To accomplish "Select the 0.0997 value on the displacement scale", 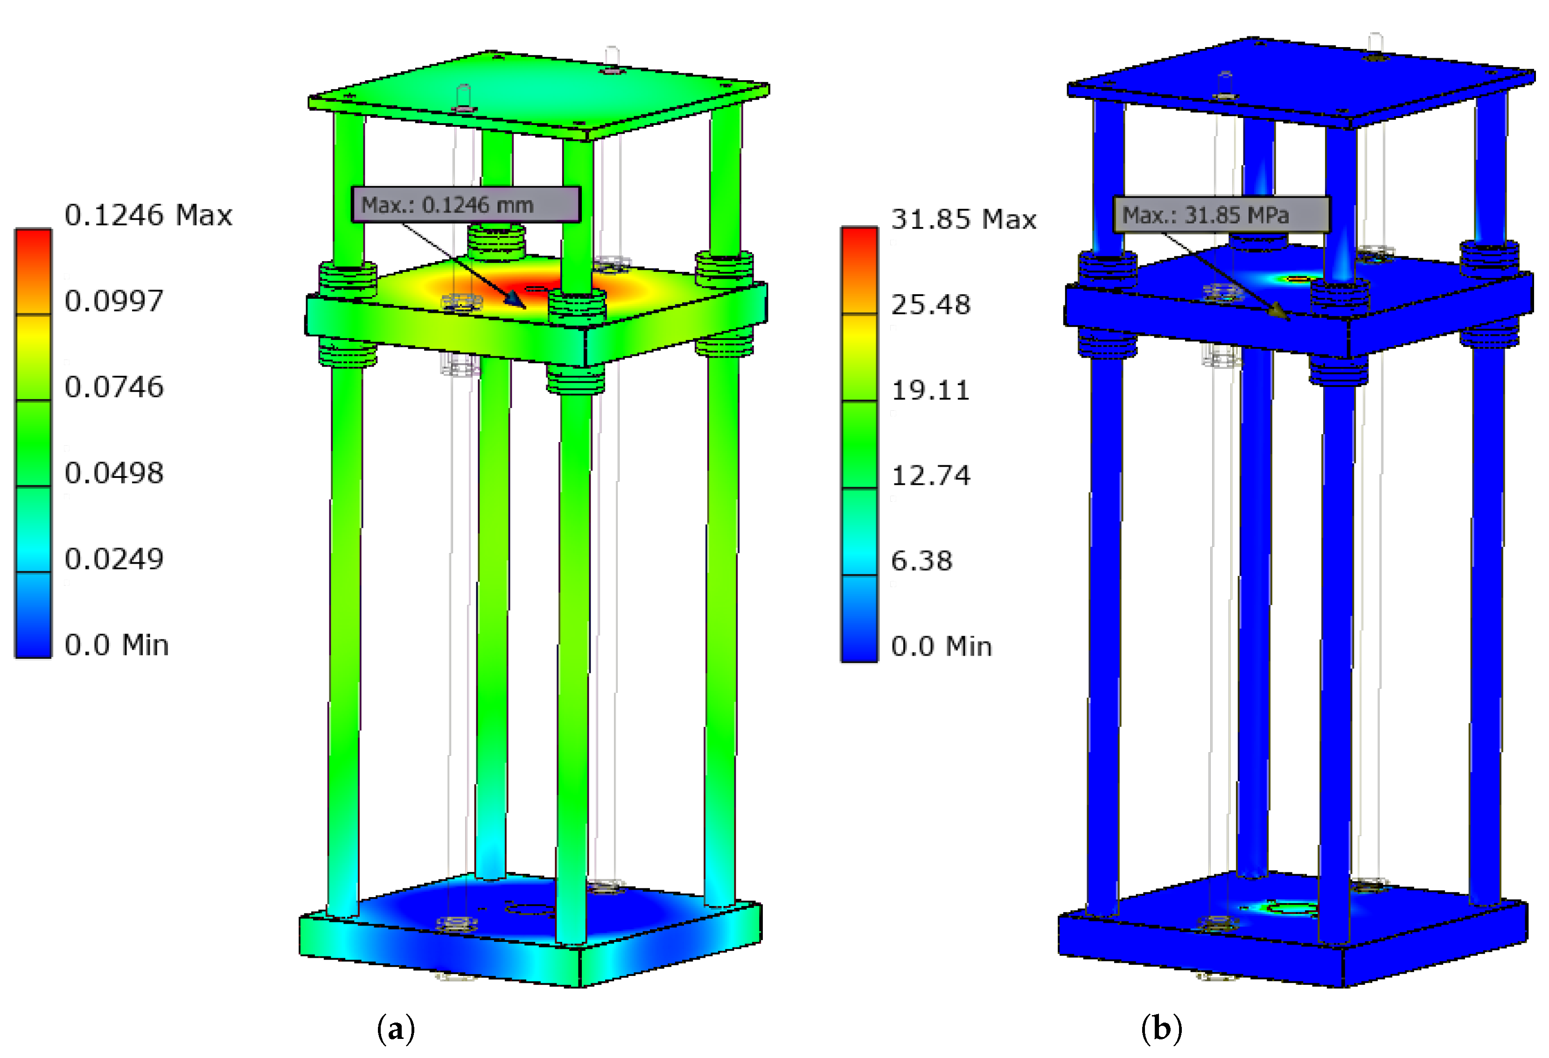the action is click(114, 301).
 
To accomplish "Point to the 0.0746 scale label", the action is click(114, 387).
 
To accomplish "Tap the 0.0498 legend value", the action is click(114, 473).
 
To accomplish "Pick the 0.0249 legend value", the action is click(114, 559).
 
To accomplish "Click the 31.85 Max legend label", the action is click(964, 219).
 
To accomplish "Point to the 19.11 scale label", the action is click(930, 390).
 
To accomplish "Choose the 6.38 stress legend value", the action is click(922, 561).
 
